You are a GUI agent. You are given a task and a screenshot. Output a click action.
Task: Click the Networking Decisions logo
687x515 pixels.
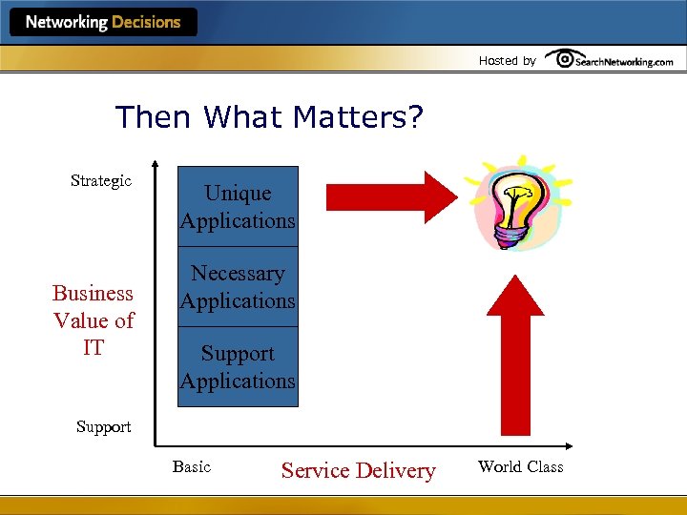click(103, 22)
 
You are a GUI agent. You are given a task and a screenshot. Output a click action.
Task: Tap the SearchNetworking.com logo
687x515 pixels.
click(610, 60)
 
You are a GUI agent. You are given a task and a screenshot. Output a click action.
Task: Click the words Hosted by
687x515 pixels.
click(507, 61)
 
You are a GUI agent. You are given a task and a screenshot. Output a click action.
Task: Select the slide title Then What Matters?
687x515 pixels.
click(269, 117)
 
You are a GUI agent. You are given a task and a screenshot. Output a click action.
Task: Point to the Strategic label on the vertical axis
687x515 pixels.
click(101, 181)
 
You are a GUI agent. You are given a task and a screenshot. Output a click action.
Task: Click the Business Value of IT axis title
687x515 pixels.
click(94, 320)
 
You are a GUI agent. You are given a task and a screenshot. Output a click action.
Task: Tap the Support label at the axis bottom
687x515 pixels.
click(103, 426)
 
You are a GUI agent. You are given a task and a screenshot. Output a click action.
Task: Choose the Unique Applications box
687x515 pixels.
click(238, 207)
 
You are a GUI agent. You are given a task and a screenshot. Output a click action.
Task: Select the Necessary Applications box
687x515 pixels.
click(238, 287)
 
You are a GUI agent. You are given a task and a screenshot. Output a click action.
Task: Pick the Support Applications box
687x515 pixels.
click(238, 367)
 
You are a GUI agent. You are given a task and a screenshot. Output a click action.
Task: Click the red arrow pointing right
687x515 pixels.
click(391, 196)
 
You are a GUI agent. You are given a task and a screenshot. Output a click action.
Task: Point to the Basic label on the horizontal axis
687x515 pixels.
click(192, 466)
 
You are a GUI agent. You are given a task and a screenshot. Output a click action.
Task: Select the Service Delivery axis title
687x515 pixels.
click(358, 470)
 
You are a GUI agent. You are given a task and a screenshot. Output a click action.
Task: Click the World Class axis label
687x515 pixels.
click(520, 466)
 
